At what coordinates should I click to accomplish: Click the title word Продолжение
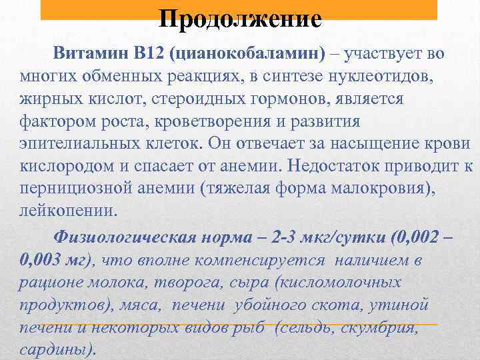[x=240, y=18]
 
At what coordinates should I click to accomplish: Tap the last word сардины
[x=57, y=350]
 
